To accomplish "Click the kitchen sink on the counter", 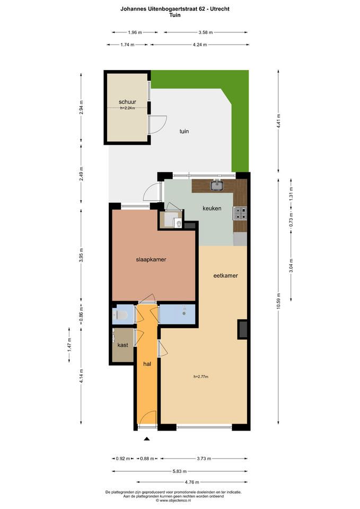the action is click(216, 186).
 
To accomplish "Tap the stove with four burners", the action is click(240, 214).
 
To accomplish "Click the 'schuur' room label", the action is click(127, 102).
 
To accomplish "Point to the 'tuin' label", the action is click(184, 131).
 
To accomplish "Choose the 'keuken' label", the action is click(212, 208).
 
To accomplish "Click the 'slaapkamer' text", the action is click(151, 259).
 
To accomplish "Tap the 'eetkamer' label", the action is click(226, 276).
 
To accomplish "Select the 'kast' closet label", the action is click(122, 345).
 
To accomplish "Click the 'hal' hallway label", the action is click(147, 364).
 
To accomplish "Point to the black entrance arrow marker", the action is click(147, 439).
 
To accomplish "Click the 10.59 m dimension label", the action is click(278, 302).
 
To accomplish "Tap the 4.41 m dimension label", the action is click(278, 121).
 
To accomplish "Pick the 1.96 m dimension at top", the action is click(135, 32).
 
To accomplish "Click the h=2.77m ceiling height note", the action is click(201, 376).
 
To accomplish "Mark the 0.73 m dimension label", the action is click(291, 220).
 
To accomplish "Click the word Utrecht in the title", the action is click(220, 9).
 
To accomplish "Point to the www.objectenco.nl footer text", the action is click(175, 501).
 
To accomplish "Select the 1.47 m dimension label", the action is click(69, 345).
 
